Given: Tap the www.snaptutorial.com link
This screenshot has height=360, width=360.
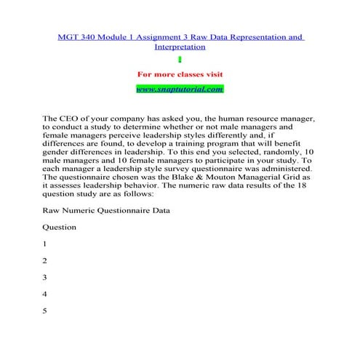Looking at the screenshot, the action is (x=180, y=88).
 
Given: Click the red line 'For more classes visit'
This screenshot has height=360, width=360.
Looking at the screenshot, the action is (x=180, y=74).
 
